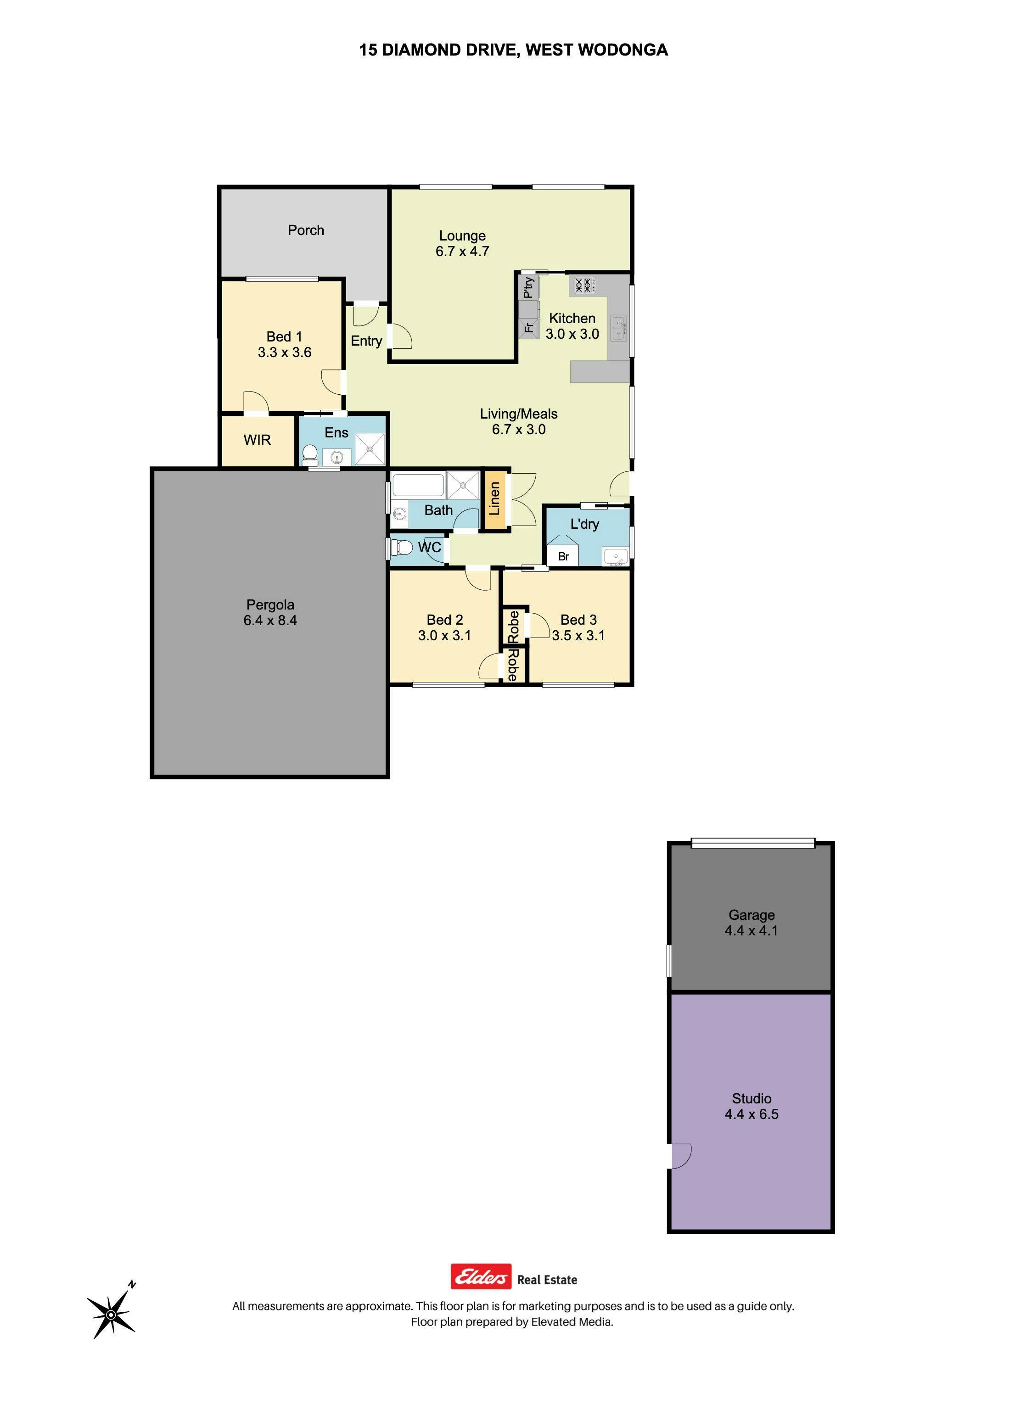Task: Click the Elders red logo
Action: [481, 1277]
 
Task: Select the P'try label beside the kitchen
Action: [528, 287]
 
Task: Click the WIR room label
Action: [258, 440]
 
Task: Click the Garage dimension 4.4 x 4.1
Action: [752, 930]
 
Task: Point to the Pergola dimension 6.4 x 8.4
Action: [270, 620]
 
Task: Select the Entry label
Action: [366, 341]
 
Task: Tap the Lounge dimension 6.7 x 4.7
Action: [462, 251]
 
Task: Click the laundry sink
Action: [615, 556]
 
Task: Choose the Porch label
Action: [306, 230]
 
